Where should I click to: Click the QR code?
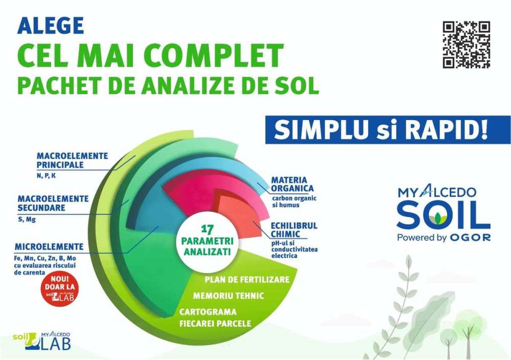[x=467, y=44]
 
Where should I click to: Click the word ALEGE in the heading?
[x=51, y=26]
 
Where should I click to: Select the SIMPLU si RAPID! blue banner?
[x=388, y=129]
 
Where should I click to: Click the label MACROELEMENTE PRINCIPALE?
[x=72, y=160]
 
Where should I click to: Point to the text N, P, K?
[x=46, y=175]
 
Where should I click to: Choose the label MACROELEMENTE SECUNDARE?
[x=53, y=203]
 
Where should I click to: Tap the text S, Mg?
[x=27, y=219]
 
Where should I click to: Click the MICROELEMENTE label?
[x=49, y=247]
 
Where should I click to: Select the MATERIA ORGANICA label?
[x=292, y=184]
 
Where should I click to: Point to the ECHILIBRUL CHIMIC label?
[x=294, y=230]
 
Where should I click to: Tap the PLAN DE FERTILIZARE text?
[x=247, y=279]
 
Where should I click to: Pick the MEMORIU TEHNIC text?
[x=228, y=296]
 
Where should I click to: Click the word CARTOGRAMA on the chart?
[x=208, y=312]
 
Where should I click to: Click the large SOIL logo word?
[x=443, y=215]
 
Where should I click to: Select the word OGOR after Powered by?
[x=470, y=238]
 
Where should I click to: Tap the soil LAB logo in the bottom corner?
[x=42, y=341]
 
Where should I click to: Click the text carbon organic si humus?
[x=294, y=201]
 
